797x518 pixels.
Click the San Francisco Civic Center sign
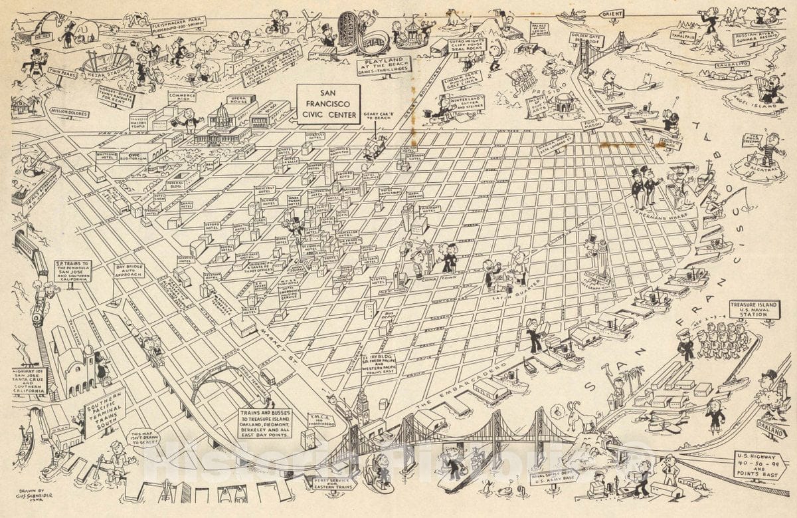click(327, 104)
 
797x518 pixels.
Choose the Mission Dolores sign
click(68, 113)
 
